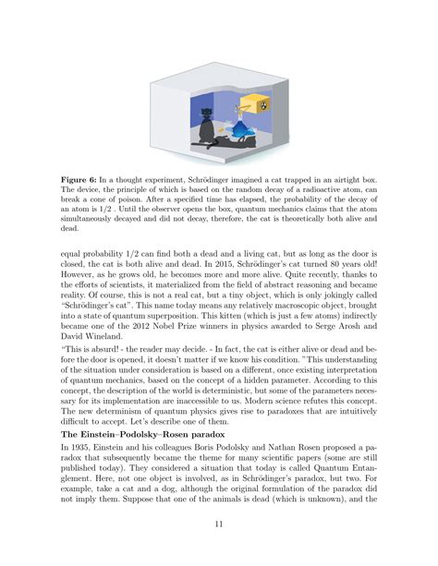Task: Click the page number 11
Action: click(219, 525)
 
